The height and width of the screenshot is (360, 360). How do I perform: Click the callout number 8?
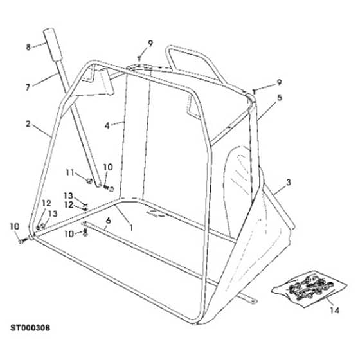[x=28, y=48]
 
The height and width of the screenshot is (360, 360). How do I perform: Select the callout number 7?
[x=28, y=87]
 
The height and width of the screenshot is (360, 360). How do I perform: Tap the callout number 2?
[x=28, y=123]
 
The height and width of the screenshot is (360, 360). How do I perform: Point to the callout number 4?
[x=107, y=125]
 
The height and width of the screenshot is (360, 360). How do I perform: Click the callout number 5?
[x=280, y=98]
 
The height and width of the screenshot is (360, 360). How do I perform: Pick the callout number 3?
[x=289, y=183]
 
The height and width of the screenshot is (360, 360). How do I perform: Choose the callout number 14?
[x=334, y=310]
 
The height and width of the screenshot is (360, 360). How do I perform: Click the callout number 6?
[x=108, y=221]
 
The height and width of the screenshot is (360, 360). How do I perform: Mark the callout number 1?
[x=131, y=228]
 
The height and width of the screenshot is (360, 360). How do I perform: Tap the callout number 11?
[x=70, y=172]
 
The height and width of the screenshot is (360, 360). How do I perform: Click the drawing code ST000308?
[x=30, y=328]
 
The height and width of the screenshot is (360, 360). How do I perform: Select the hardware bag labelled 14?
[x=309, y=289]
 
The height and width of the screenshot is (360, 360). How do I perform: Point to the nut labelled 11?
[x=89, y=181]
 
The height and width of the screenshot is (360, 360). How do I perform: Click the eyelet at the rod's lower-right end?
[x=254, y=301]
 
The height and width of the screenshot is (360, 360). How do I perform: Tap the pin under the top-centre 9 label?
[x=139, y=59]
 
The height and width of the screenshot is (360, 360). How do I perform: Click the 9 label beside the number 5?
[x=279, y=82]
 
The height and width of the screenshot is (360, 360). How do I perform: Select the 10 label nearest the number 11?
[x=108, y=167]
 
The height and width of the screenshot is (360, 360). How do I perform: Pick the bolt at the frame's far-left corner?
[x=24, y=240]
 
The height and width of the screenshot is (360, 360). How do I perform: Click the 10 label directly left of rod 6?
[x=69, y=234]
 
